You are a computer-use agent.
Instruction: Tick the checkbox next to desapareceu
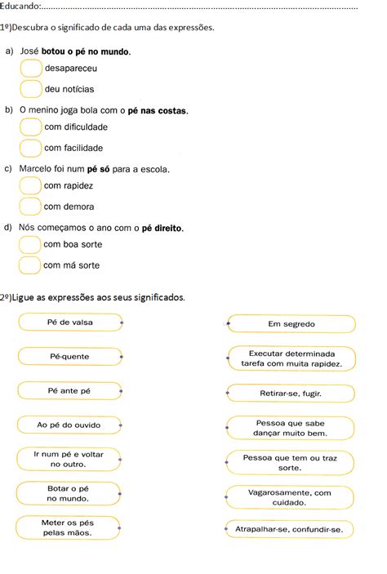coord(30,69)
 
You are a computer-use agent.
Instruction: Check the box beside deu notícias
coord(30,88)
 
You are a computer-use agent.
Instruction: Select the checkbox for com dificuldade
coord(30,127)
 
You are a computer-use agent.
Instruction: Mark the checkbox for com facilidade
coord(30,148)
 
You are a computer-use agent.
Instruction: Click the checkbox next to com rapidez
coord(30,186)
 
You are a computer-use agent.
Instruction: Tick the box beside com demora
coord(30,207)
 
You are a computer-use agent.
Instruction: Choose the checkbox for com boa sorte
coord(30,245)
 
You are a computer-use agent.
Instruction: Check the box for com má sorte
coord(30,265)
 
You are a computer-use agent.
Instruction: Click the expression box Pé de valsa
coord(69,323)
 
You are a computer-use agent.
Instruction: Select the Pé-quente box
coord(69,357)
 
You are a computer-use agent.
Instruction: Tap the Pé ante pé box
coord(69,391)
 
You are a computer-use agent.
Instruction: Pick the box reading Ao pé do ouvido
coord(69,425)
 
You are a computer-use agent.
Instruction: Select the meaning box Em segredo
coord(291,324)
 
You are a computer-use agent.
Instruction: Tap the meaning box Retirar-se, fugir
coord(291,394)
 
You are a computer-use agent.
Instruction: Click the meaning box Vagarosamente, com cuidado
coord(291,497)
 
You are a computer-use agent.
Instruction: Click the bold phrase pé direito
coord(162,229)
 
